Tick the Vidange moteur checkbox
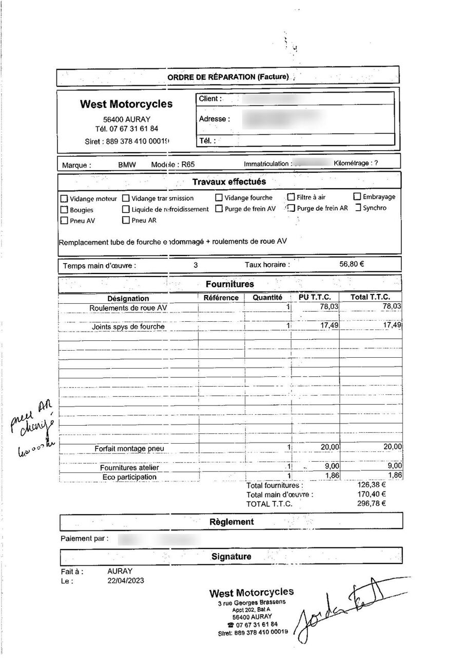(x=64, y=198)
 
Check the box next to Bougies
(x=64, y=210)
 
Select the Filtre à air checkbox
(x=291, y=197)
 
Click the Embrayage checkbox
(x=357, y=196)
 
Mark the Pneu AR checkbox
(x=126, y=221)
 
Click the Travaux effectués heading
(x=229, y=181)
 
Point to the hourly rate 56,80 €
(x=352, y=264)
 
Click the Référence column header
(x=221, y=298)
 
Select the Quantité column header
(x=267, y=298)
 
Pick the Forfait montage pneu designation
(x=129, y=449)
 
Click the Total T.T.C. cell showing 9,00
(x=391, y=467)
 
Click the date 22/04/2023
(x=126, y=581)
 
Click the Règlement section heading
(x=231, y=522)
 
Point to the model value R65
(x=188, y=165)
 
